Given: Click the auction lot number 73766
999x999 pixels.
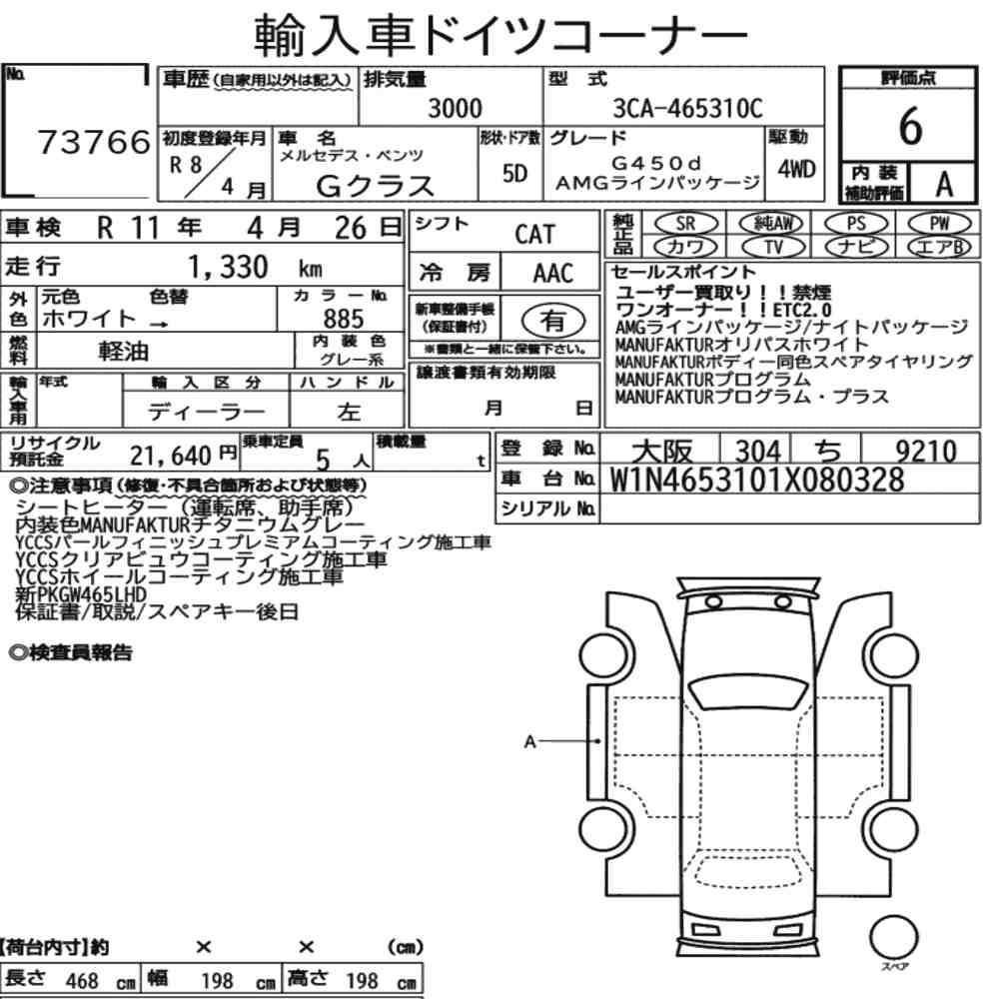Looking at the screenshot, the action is click(x=94, y=142).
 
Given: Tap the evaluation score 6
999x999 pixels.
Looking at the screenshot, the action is click(x=910, y=126).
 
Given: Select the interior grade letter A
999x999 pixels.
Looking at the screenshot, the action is click(x=944, y=185).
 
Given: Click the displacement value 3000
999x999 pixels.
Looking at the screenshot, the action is click(x=455, y=108).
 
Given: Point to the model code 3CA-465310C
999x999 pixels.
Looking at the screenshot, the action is click(x=687, y=108).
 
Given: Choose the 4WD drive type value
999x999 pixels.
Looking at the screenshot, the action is click(x=796, y=169).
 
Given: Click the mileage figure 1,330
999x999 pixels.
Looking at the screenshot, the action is click(x=228, y=267).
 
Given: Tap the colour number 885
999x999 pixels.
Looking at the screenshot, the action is click(x=344, y=319).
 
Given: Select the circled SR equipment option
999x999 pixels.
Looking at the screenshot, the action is click(x=686, y=224).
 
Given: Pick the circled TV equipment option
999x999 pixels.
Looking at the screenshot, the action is click(x=773, y=247).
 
